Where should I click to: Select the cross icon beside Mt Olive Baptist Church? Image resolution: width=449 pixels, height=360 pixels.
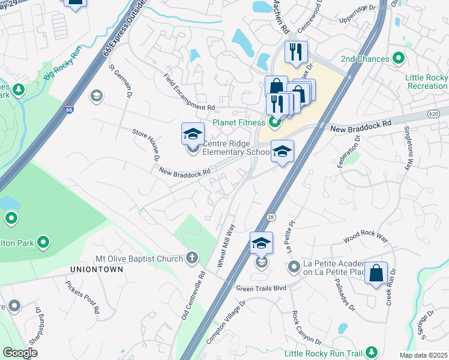click(x=191, y=257)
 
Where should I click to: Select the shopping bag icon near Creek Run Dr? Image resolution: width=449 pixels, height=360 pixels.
click(x=376, y=274)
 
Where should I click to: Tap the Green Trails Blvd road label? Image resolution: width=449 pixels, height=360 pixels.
click(x=261, y=288)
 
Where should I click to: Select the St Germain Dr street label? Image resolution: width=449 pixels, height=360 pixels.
click(x=119, y=83)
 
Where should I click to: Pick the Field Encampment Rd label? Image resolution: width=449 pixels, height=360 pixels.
click(x=189, y=91)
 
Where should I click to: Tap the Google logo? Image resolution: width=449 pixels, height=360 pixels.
click(x=20, y=353)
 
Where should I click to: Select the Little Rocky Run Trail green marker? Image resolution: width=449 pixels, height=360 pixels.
click(x=372, y=351)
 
